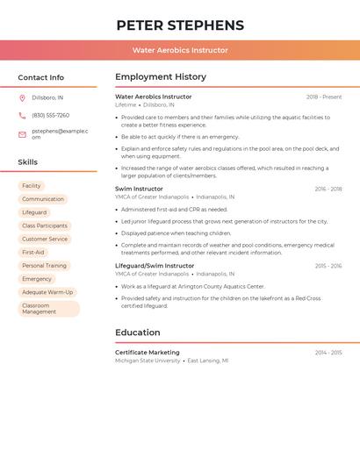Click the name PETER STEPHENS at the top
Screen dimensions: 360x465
tap(180, 25)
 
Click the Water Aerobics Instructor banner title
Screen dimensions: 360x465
tap(180, 50)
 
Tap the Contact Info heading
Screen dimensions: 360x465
tap(41, 77)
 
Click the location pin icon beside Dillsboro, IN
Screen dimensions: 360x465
tap(22, 97)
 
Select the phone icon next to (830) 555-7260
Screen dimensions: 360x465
tap(22, 115)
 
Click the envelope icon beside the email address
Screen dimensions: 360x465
tap(22, 134)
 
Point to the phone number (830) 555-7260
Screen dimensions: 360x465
tap(50, 115)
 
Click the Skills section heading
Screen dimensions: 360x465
tap(28, 161)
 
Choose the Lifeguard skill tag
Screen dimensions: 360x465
tap(34, 212)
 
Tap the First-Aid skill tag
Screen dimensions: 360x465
tap(33, 252)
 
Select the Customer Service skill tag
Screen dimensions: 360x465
tap(45, 239)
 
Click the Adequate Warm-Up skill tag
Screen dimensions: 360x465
tap(48, 292)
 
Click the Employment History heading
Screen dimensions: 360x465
tap(161, 77)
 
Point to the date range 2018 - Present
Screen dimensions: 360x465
tap(324, 97)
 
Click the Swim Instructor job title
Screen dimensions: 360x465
tap(139, 189)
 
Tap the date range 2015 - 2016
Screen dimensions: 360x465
tap(328, 265)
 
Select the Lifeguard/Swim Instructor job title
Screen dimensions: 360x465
tap(155, 265)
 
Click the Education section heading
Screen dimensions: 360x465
tap(138, 333)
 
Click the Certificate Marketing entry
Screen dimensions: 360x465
tap(148, 352)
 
